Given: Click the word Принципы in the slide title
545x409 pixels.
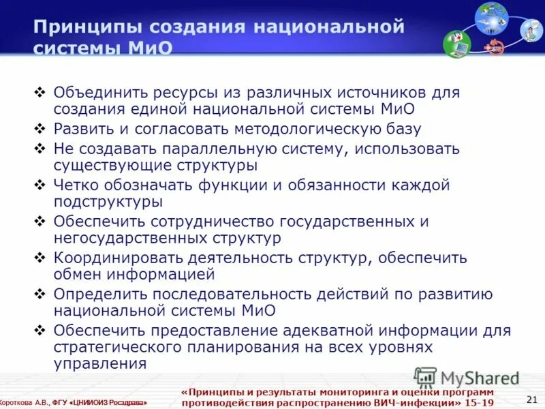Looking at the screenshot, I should pyautogui.click(x=81, y=27).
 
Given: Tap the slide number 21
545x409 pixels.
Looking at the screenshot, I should pyautogui.click(x=532, y=399).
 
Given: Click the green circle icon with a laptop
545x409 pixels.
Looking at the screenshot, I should pyautogui.click(x=456, y=44).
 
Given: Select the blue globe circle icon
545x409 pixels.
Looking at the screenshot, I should pyautogui.click(x=491, y=18).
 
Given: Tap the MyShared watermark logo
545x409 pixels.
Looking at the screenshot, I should pyautogui.click(x=466, y=378).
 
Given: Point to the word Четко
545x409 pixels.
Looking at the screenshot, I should pyautogui.click(x=77, y=185).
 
